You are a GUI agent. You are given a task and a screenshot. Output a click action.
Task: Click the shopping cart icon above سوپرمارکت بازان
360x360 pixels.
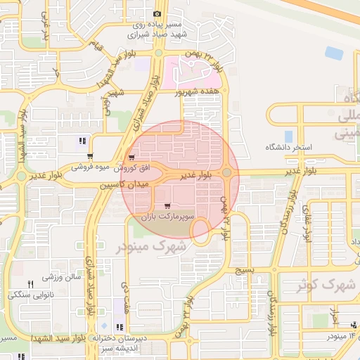point(167,206)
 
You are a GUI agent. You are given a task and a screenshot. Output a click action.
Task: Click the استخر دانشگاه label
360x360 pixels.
point(288,148)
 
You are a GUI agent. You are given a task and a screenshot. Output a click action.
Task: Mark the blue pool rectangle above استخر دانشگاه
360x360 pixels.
point(288,136)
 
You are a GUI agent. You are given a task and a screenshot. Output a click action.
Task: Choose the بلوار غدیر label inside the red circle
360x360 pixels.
point(195,174)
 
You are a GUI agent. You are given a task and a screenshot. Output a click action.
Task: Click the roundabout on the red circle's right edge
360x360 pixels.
point(227,172)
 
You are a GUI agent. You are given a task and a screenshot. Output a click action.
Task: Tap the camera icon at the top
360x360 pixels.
point(157,13)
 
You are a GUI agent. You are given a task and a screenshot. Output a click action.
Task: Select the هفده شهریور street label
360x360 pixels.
point(202,91)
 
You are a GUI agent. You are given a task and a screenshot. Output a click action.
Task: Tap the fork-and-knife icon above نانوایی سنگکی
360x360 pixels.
point(30,283)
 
